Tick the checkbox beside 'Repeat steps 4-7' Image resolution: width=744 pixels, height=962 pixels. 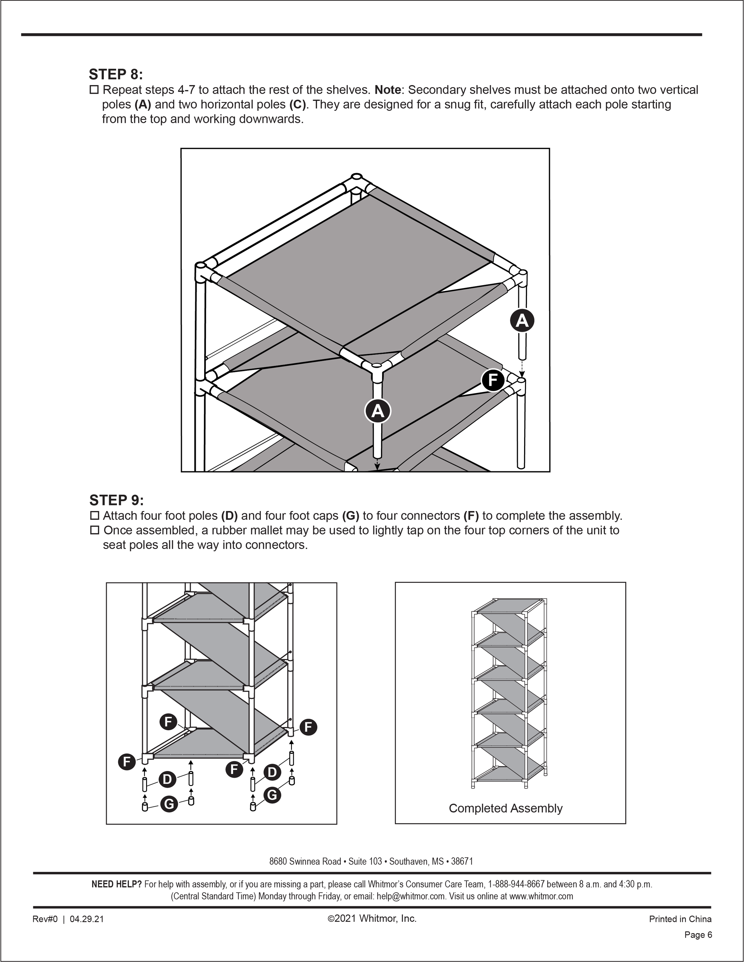94,90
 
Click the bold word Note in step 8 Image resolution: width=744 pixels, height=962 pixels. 387,90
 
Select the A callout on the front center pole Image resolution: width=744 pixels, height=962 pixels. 378,411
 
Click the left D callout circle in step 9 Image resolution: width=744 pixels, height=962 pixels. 167,779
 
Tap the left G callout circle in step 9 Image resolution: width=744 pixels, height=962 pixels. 169,804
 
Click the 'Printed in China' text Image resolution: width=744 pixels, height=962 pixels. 680,919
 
